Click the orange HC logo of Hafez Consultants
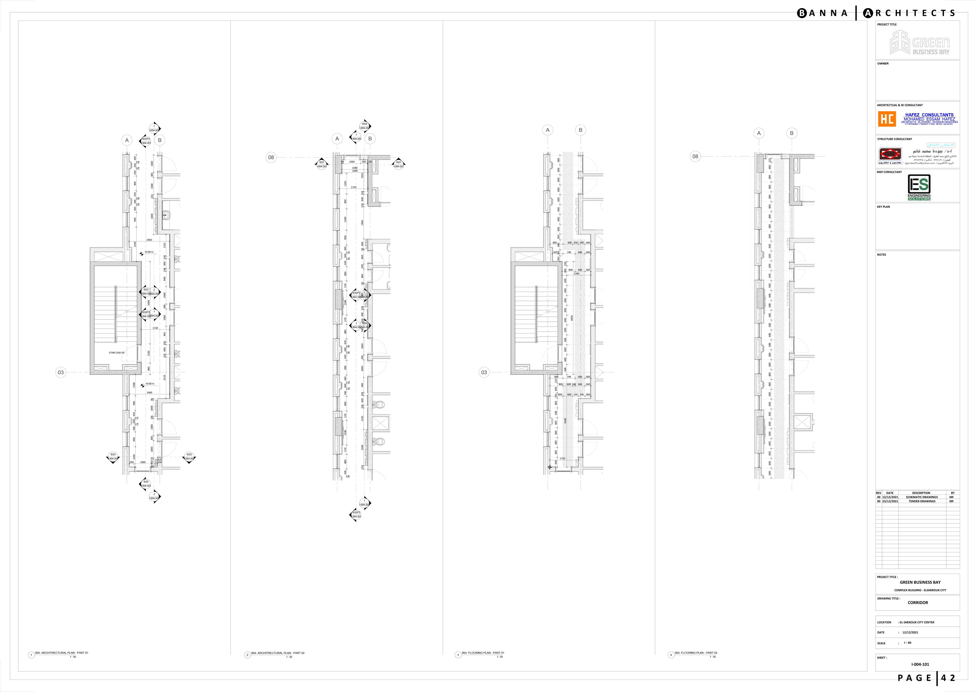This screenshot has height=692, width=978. tap(887, 119)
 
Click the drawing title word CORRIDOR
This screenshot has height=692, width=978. tap(917, 602)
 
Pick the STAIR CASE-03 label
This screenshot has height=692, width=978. tap(116, 353)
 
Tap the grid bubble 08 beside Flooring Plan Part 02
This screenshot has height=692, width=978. tap(695, 156)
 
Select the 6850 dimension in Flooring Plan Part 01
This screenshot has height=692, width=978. tap(572, 318)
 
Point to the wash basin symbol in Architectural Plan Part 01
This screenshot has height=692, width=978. tap(165, 215)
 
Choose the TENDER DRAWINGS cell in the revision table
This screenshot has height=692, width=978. tap(922, 501)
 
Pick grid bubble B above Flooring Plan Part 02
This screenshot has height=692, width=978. tap(792, 133)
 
